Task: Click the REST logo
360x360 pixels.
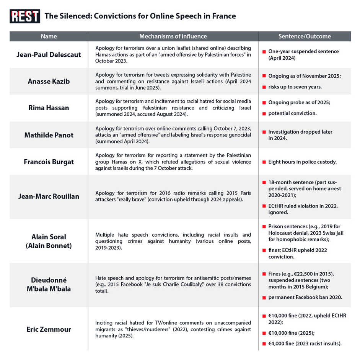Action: [24, 16]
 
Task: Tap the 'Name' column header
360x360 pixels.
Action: [49, 36]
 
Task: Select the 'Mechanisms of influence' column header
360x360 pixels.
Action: [173, 36]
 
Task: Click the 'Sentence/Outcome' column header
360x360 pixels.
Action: [305, 36]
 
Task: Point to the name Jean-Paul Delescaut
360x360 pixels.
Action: [49, 54]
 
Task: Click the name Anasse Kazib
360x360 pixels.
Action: [49, 81]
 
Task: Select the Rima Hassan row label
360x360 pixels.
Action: [49, 108]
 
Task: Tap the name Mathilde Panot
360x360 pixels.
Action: [49, 135]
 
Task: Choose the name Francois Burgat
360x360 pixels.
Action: [49, 162]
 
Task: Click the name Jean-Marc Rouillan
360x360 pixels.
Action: [49, 196]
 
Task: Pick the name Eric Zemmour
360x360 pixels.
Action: [49, 329]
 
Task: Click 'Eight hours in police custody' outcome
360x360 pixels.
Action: [302, 162]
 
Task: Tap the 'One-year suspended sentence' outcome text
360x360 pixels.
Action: [303, 51]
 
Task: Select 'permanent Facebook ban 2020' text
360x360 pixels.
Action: [305, 297]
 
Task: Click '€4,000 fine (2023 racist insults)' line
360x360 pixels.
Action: [305, 344]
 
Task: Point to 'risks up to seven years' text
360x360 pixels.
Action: [295, 87]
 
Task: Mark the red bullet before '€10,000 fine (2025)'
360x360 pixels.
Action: [264, 333]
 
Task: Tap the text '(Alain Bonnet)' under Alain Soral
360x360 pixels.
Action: [49, 245]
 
